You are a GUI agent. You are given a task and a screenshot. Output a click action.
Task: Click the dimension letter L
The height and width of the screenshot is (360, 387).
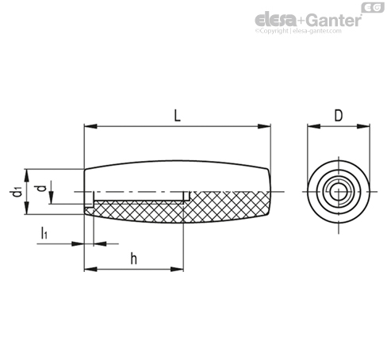178,116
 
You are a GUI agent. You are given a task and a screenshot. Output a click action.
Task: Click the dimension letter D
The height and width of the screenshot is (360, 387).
339,116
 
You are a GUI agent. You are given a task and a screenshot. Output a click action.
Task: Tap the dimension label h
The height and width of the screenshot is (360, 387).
134,259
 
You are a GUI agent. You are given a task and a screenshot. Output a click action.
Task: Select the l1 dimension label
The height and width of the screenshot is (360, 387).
44,233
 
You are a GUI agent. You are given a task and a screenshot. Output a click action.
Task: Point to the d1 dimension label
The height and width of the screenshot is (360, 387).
15,192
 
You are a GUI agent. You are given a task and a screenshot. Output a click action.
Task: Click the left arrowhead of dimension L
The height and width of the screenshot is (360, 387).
90,126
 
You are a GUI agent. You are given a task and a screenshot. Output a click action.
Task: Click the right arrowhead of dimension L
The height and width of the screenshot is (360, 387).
264,126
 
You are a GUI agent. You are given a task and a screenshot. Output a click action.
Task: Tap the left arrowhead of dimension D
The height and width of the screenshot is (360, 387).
313,126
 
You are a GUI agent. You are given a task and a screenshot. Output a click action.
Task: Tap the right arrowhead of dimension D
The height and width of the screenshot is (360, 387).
363,126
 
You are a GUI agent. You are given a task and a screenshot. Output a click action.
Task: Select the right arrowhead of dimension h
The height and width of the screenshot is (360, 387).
177,270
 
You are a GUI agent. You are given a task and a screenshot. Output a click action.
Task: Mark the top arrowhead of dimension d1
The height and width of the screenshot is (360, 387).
26,175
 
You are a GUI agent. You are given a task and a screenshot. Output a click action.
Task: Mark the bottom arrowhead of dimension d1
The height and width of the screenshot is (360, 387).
26,208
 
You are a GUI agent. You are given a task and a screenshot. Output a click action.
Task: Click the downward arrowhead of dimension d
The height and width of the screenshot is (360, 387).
52,197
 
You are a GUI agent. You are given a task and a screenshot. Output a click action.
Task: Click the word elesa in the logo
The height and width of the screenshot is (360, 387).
275,20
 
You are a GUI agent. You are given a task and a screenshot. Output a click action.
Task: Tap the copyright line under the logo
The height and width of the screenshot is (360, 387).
298,31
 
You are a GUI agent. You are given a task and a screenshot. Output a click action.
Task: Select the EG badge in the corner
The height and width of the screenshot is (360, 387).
373,8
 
